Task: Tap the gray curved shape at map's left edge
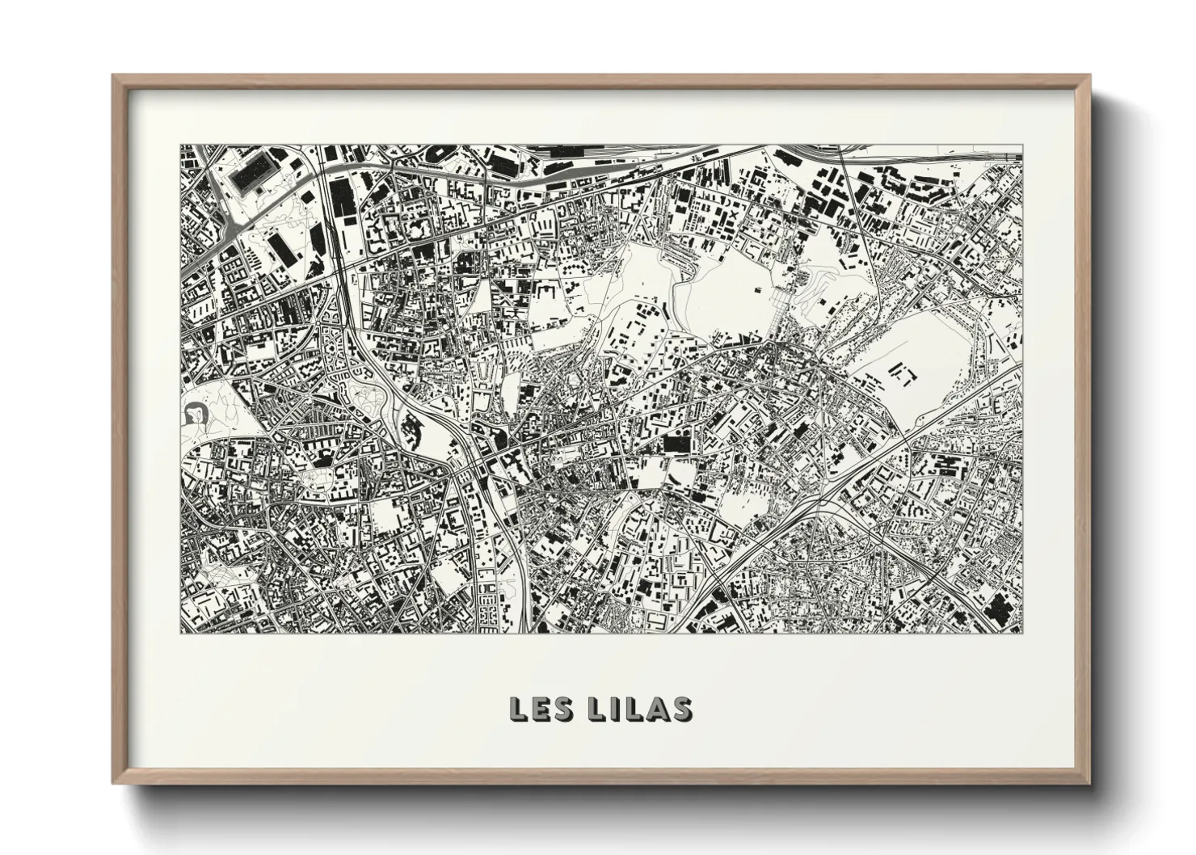point(195,414)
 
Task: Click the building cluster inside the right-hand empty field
point(903,373)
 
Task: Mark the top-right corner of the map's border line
point(1022,145)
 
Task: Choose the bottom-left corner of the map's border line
point(179,634)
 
